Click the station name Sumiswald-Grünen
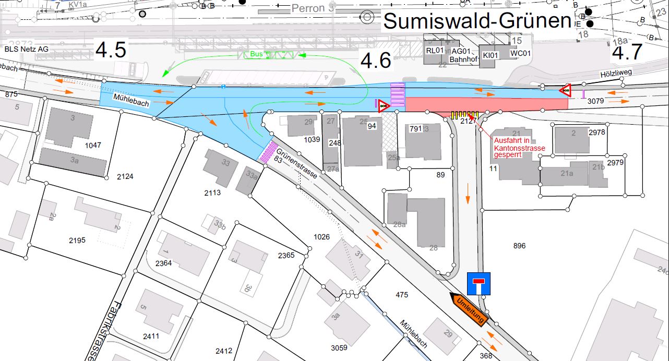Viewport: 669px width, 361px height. (x=477, y=21)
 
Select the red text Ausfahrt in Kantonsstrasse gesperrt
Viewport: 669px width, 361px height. (x=519, y=148)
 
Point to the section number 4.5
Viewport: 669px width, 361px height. (x=111, y=50)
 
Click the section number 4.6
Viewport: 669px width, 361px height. (x=376, y=61)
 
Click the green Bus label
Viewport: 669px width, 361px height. (x=256, y=54)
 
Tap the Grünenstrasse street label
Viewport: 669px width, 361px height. (x=297, y=162)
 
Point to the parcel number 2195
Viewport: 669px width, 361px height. (x=77, y=240)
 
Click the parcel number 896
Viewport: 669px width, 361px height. (x=519, y=245)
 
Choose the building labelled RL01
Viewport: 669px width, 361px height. (x=434, y=51)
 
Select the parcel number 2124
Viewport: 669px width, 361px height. (x=125, y=176)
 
